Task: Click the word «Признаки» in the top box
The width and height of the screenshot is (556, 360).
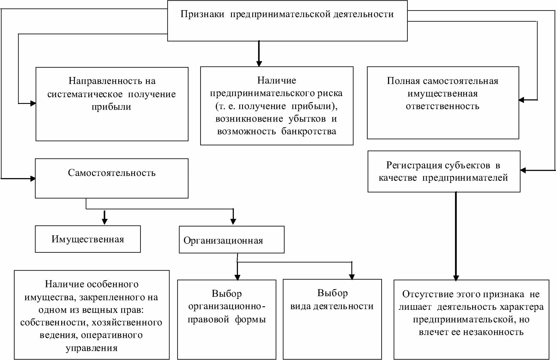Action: coord(202,14)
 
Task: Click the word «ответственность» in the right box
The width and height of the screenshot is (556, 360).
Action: coord(442,106)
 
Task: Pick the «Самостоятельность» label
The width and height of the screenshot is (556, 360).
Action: coord(112,173)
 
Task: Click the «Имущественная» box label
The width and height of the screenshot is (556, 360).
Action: coord(88,239)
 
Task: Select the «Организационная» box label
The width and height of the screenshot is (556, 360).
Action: coord(223,240)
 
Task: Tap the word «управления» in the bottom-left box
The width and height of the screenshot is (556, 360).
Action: coord(91,348)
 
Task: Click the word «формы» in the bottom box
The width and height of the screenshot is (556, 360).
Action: coord(250,319)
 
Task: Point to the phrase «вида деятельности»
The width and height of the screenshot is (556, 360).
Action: coord(332,306)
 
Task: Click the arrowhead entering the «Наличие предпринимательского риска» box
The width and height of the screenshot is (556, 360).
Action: coord(259,64)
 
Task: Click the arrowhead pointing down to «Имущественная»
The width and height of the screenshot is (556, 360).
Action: coord(105,222)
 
